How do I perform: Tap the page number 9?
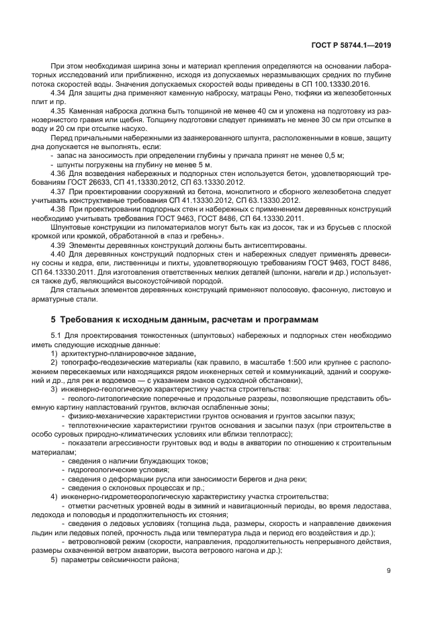coord(389,571)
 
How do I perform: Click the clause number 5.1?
coord(56,335)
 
